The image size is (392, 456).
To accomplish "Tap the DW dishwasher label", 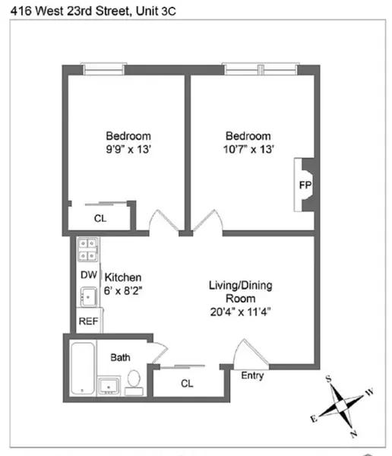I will click(x=87, y=274).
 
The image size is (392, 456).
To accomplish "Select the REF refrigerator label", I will click(x=89, y=321).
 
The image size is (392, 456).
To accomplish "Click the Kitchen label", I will click(x=123, y=277).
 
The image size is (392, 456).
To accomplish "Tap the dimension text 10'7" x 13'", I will click(x=249, y=149).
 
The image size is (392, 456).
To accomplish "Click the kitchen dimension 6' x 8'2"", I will click(x=122, y=290).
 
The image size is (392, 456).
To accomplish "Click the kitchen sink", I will click(x=87, y=298).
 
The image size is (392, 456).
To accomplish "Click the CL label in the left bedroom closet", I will click(x=100, y=218).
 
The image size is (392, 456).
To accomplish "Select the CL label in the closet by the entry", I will click(x=187, y=384).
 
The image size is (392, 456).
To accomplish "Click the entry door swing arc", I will click(x=248, y=353).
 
